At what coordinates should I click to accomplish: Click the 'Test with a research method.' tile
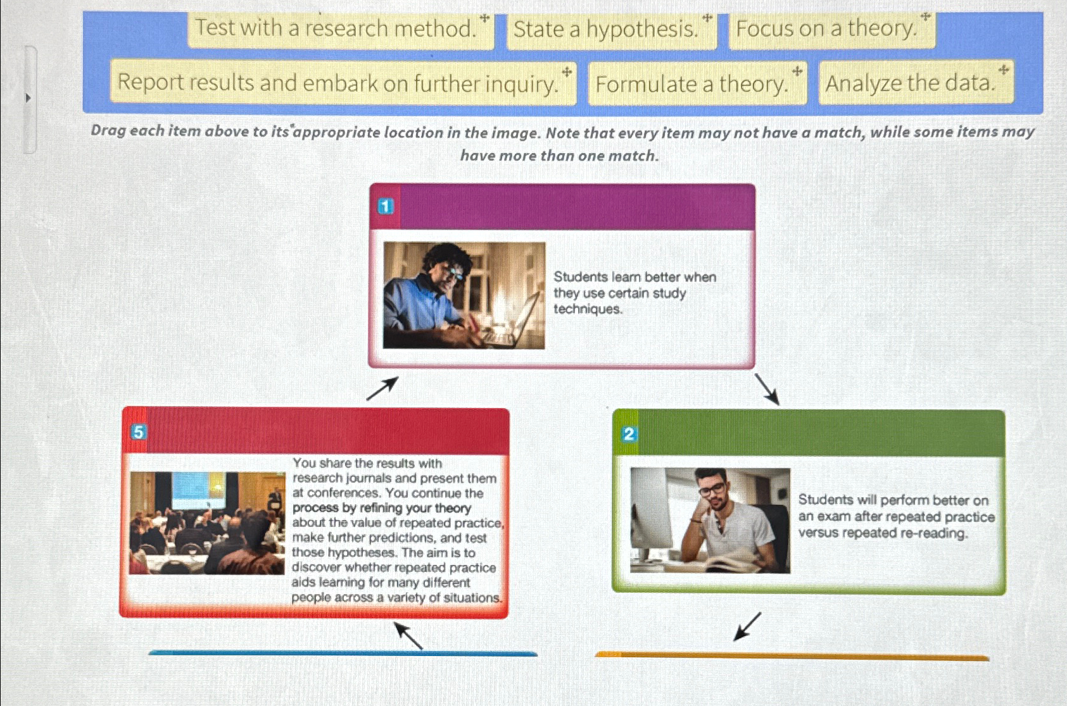click(341, 29)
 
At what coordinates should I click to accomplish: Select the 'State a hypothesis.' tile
click(611, 30)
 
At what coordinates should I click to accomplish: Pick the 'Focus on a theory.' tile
click(831, 29)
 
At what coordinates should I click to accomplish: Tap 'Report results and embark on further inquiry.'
click(343, 83)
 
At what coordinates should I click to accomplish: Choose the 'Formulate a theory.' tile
click(697, 84)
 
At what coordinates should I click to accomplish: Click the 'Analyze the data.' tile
click(915, 83)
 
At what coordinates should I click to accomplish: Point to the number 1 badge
click(386, 206)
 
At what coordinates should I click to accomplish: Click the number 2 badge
click(629, 434)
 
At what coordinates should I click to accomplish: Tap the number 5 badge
click(138, 432)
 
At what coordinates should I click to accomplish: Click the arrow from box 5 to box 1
click(382, 388)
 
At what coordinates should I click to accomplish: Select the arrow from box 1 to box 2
click(766, 388)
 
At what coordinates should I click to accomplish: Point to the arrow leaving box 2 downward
click(747, 626)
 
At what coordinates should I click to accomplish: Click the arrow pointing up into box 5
click(408, 635)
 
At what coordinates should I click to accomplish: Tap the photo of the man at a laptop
click(464, 295)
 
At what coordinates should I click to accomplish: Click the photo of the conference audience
click(207, 523)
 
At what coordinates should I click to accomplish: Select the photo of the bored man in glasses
click(710, 521)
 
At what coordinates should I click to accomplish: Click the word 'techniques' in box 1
click(587, 309)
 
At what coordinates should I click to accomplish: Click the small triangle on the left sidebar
click(28, 98)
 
